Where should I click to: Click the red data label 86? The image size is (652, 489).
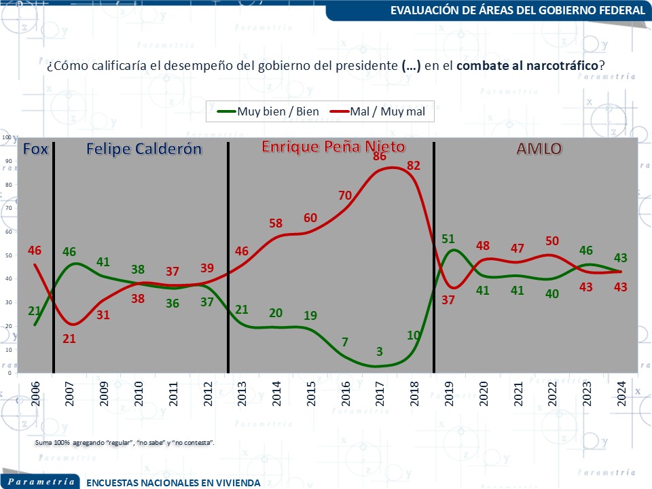click(x=380, y=157)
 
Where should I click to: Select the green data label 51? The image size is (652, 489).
click(x=448, y=239)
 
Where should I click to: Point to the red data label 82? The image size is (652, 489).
click(x=414, y=166)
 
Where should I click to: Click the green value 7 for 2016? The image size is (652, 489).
click(x=346, y=341)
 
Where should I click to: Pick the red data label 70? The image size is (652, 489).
click(x=345, y=196)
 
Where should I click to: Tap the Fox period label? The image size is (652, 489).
click(x=36, y=149)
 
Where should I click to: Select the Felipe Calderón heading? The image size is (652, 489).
click(x=144, y=149)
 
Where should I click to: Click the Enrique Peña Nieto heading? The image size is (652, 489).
click(x=333, y=147)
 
